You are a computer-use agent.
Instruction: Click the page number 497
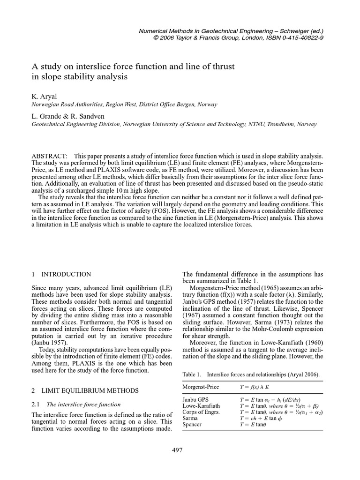click(177, 450)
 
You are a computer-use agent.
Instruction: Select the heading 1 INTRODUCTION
click(61, 274)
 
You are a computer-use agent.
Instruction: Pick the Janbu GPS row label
click(194, 399)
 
